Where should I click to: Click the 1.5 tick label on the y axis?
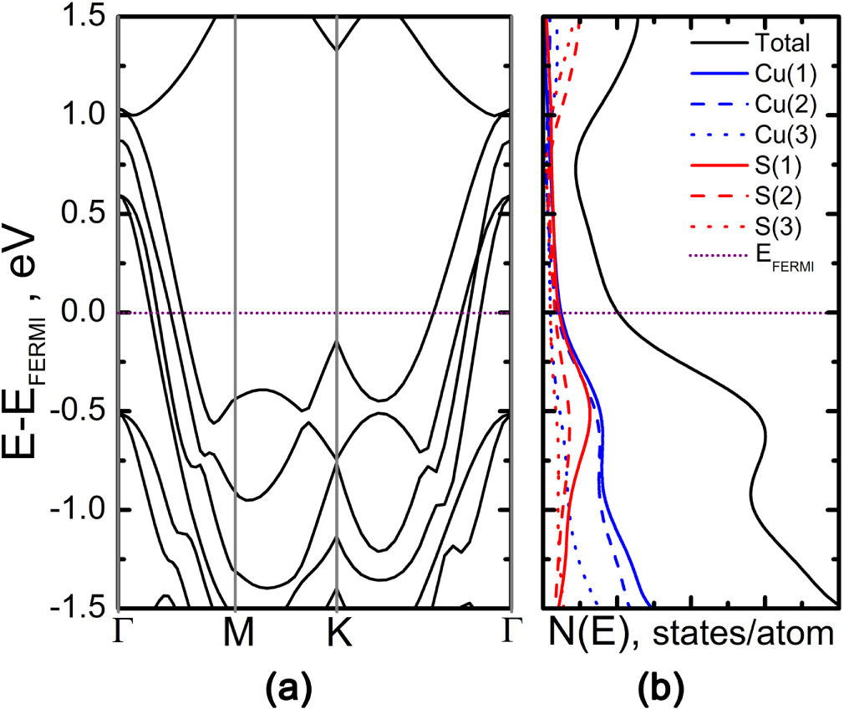point(84,17)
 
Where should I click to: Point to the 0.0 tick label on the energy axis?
point(84,313)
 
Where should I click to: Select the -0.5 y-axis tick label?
point(78,411)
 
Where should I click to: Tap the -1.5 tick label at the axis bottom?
point(78,608)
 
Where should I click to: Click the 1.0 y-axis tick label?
point(84,115)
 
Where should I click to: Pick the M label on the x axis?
point(236,637)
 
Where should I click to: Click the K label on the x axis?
point(337,637)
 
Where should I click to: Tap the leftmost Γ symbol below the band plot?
point(122,635)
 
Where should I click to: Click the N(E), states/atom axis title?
point(692,636)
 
